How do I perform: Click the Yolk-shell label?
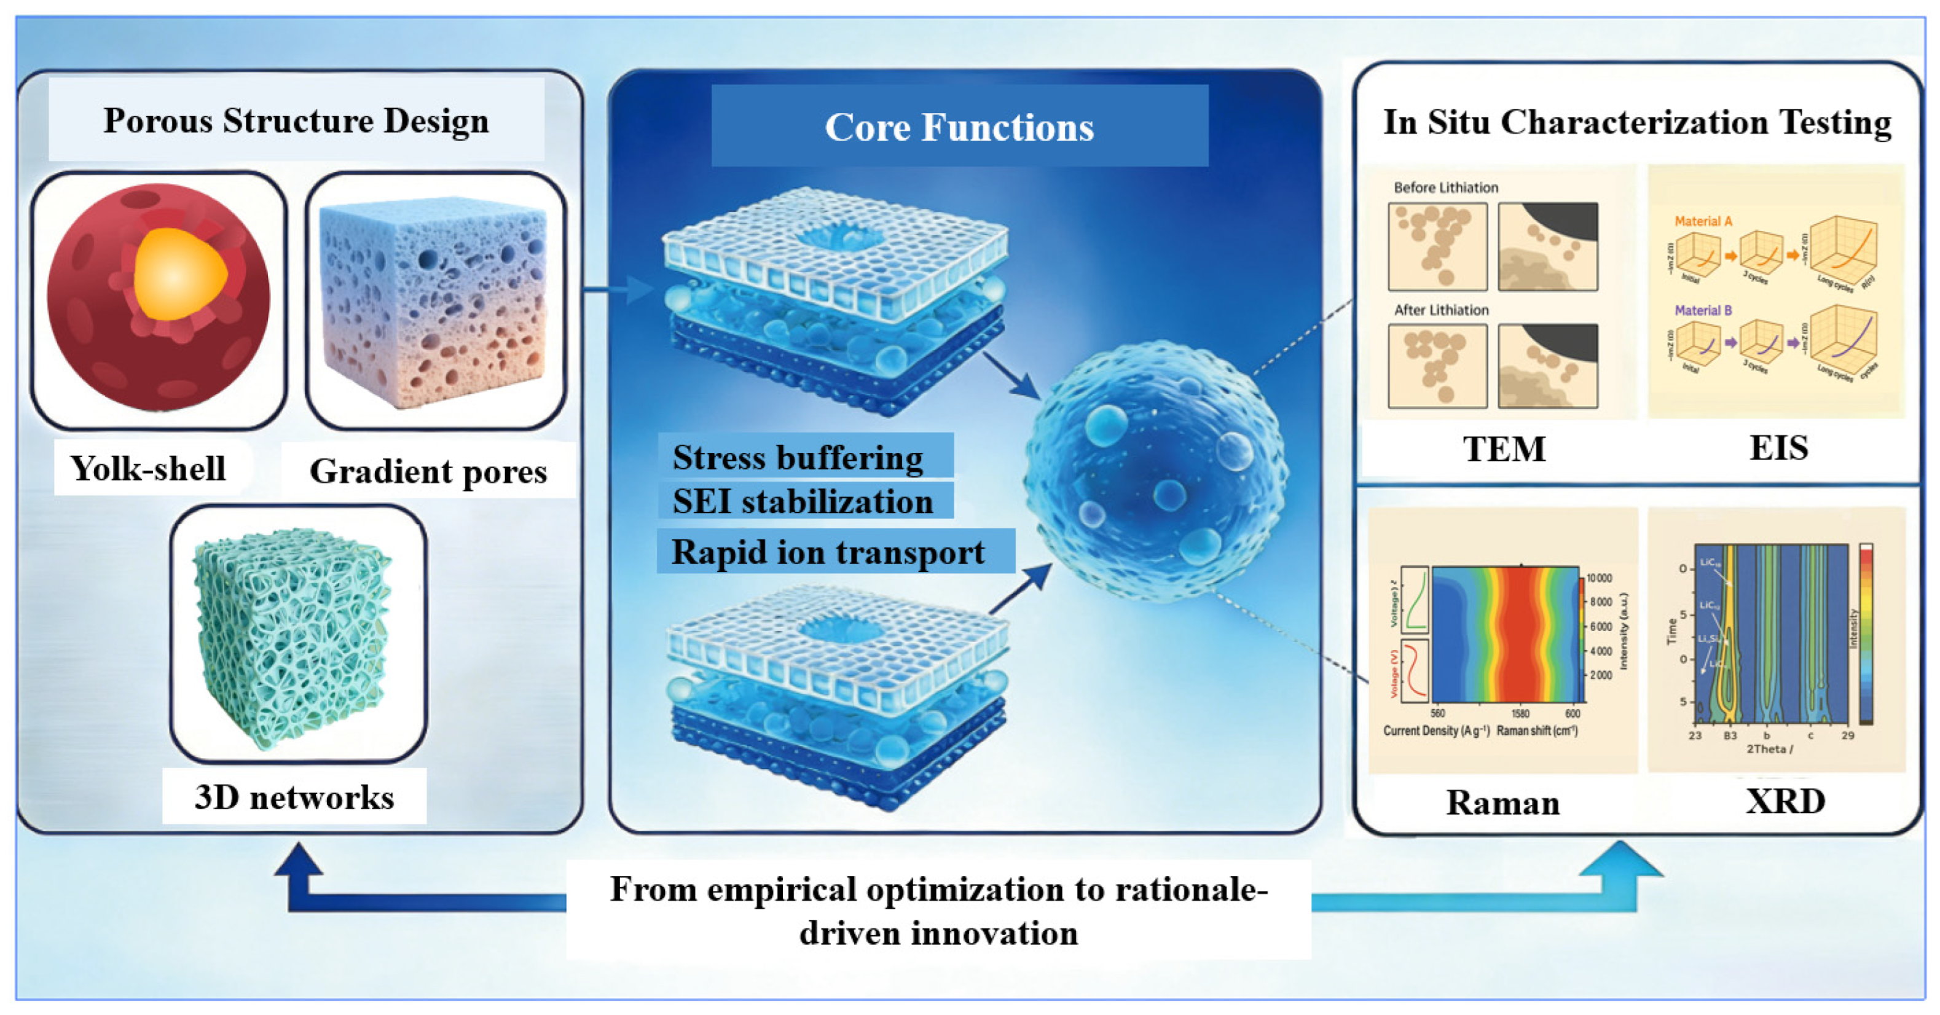coord(147,468)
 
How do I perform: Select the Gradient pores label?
coord(428,471)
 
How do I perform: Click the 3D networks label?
coord(294,797)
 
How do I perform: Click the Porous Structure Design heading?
coord(296,120)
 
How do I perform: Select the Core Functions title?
coord(959,127)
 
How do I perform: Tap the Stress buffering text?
coord(798,457)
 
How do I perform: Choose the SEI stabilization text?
coord(802,501)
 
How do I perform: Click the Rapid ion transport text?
coord(828,552)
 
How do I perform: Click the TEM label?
coord(1504,449)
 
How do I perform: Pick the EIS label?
coord(1778,448)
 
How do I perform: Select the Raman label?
coord(1502,802)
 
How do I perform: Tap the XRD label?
coord(1785,801)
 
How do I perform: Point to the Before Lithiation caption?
coord(1445,187)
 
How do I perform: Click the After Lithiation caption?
coord(1440,310)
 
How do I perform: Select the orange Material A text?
coord(1703,221)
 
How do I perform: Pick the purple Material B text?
coord(1703,310)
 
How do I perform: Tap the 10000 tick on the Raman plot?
coord(1599,578)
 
